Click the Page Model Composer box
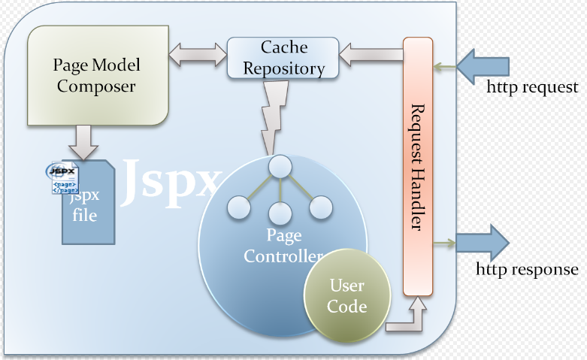pos(95,75)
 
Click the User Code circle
pos(347,295)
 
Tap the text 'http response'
pos(528,269)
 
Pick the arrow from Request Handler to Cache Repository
pos(371,53)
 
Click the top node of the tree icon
pos(280,166)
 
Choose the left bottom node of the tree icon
pos(238,207)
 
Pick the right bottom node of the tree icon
pos(321,207)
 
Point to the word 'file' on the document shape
pos(84,216)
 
